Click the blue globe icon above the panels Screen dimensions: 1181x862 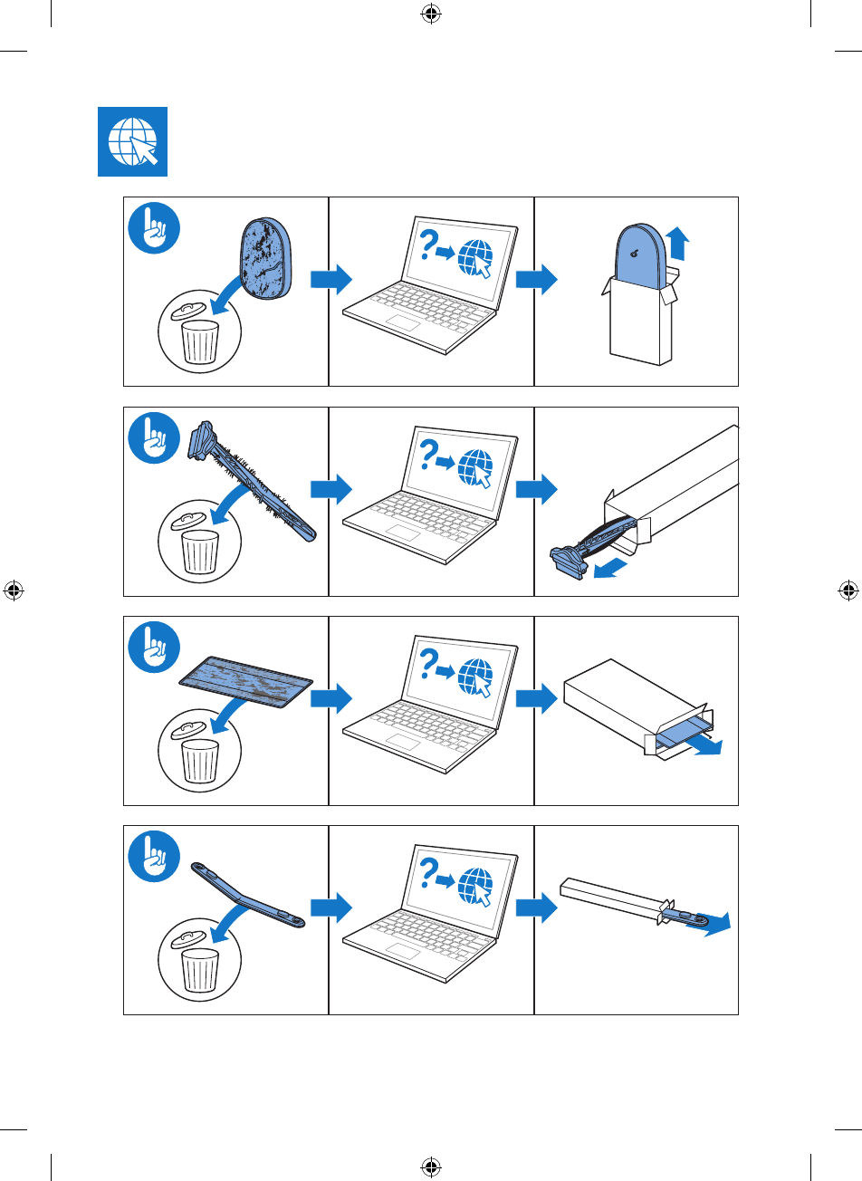[x=132, y=141]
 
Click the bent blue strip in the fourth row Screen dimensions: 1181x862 [x=246, y=897]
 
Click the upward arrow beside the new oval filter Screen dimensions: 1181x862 [x=675, y=245]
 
